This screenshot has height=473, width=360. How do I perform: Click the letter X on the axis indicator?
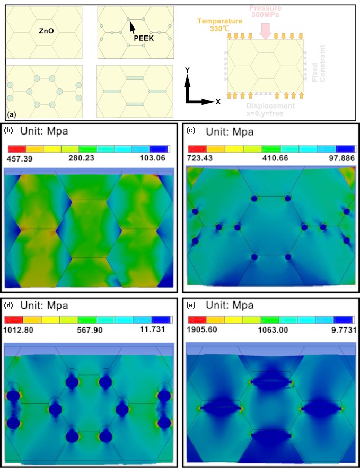[x=218, y=102]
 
